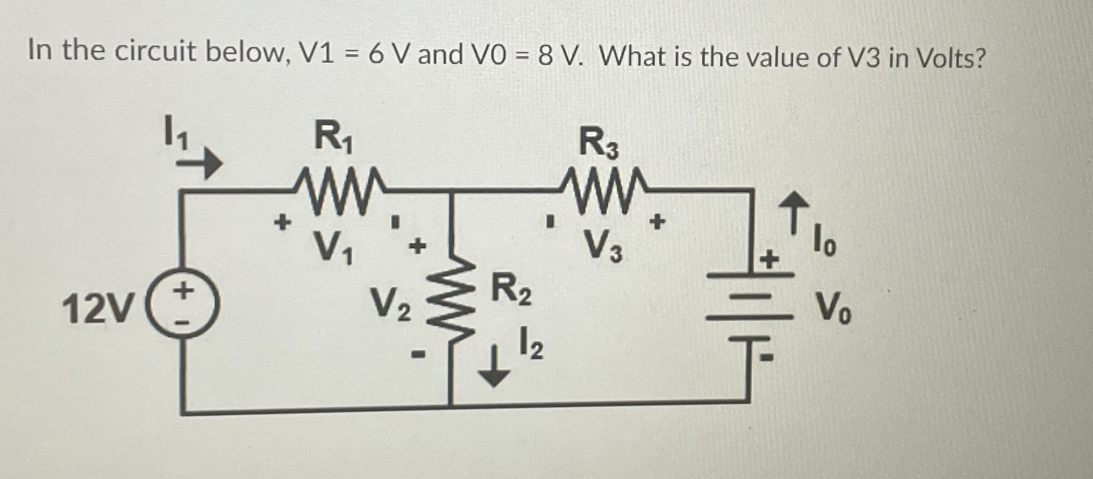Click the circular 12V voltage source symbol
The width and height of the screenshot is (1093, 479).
pyautogui.click(x=183, y=306)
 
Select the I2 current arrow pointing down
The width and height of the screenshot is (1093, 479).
pyautogui.click(x=494, y=370)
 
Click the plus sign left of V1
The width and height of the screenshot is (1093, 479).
pyautogui.click(x=282, y=222)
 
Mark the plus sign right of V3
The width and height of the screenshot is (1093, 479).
pyautogui.click(x=658, y=222)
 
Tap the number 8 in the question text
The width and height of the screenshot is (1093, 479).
pyautogui.click(x=545, y=55)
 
